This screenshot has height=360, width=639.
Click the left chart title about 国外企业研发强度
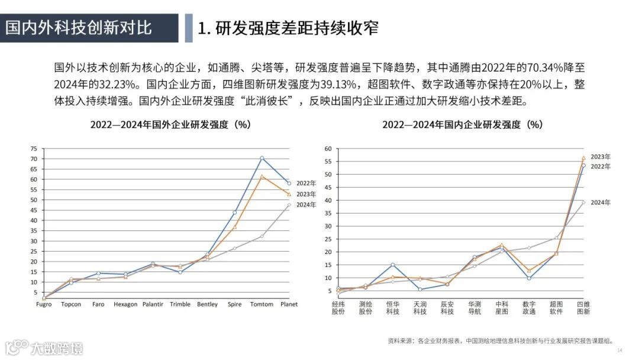[x=170, y=125]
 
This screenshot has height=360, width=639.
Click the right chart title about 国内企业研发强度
[x=462, y=125]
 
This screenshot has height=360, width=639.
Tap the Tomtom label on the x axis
[x=262, y=304]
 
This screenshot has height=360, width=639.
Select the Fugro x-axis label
[x=44, y=304]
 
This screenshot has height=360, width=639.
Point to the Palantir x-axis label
[x=153, y=304]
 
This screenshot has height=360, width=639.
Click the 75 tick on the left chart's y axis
[x=33, y=149]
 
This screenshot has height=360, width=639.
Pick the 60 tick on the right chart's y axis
[x=327, y=149]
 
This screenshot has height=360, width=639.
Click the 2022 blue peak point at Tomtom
[x=262, y=158]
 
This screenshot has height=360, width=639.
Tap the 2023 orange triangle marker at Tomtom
[x=262, y=176]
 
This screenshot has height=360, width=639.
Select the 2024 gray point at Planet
[x=289, y=205]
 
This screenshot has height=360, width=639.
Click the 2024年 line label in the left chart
[x=306, y=205]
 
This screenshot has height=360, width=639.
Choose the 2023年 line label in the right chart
[x=600, y=157]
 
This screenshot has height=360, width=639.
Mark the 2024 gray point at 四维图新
[x=583, y=202]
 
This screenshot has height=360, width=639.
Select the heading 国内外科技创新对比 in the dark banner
[x=79, y=27]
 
